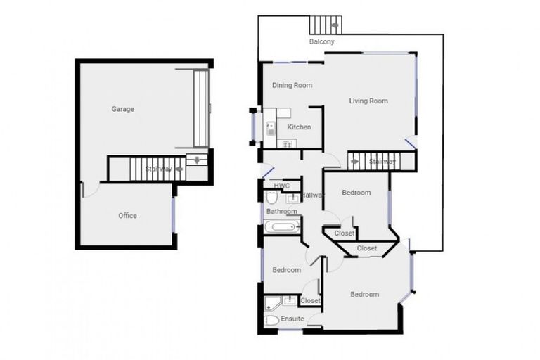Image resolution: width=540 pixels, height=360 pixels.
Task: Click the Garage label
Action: [122, 109]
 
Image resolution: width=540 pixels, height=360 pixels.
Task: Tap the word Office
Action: [127, 216]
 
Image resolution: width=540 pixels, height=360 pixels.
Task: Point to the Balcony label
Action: [321, 42]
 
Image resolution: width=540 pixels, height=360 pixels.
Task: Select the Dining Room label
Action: [292, 86]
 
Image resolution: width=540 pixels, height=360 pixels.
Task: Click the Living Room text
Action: [368, 101]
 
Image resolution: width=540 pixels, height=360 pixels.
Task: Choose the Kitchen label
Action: [299, 127]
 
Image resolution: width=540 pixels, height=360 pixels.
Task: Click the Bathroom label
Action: [281, 211]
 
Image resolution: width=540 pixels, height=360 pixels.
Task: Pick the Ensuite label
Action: [292, 319]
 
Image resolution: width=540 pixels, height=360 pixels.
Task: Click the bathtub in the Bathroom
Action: [282, 226]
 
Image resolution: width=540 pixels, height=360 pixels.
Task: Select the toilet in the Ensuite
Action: [272, 321]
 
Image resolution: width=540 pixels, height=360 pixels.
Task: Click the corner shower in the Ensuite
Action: [272, 303]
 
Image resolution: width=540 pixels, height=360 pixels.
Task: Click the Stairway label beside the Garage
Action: [158, 169]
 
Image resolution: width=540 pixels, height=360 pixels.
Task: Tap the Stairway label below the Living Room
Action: [382, 162]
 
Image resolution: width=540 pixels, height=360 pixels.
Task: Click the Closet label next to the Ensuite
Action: [310, 301]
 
